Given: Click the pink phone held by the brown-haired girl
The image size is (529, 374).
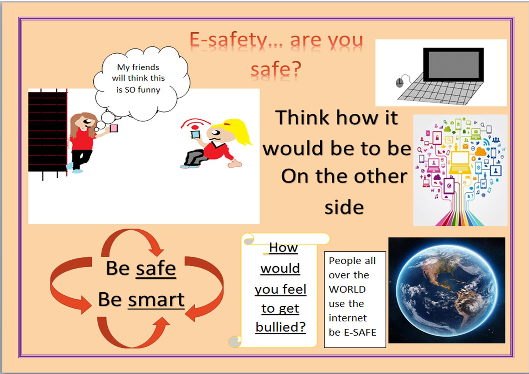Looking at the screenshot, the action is point(114,128).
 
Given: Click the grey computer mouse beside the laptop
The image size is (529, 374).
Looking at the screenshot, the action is point(399,82).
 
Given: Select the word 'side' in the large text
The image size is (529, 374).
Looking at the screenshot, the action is point(344,207).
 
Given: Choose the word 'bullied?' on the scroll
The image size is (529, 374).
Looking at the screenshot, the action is point(280,327).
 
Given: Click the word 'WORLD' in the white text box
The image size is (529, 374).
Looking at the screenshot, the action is point(347,289).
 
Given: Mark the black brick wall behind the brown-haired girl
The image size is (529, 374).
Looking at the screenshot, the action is point(48,132).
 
